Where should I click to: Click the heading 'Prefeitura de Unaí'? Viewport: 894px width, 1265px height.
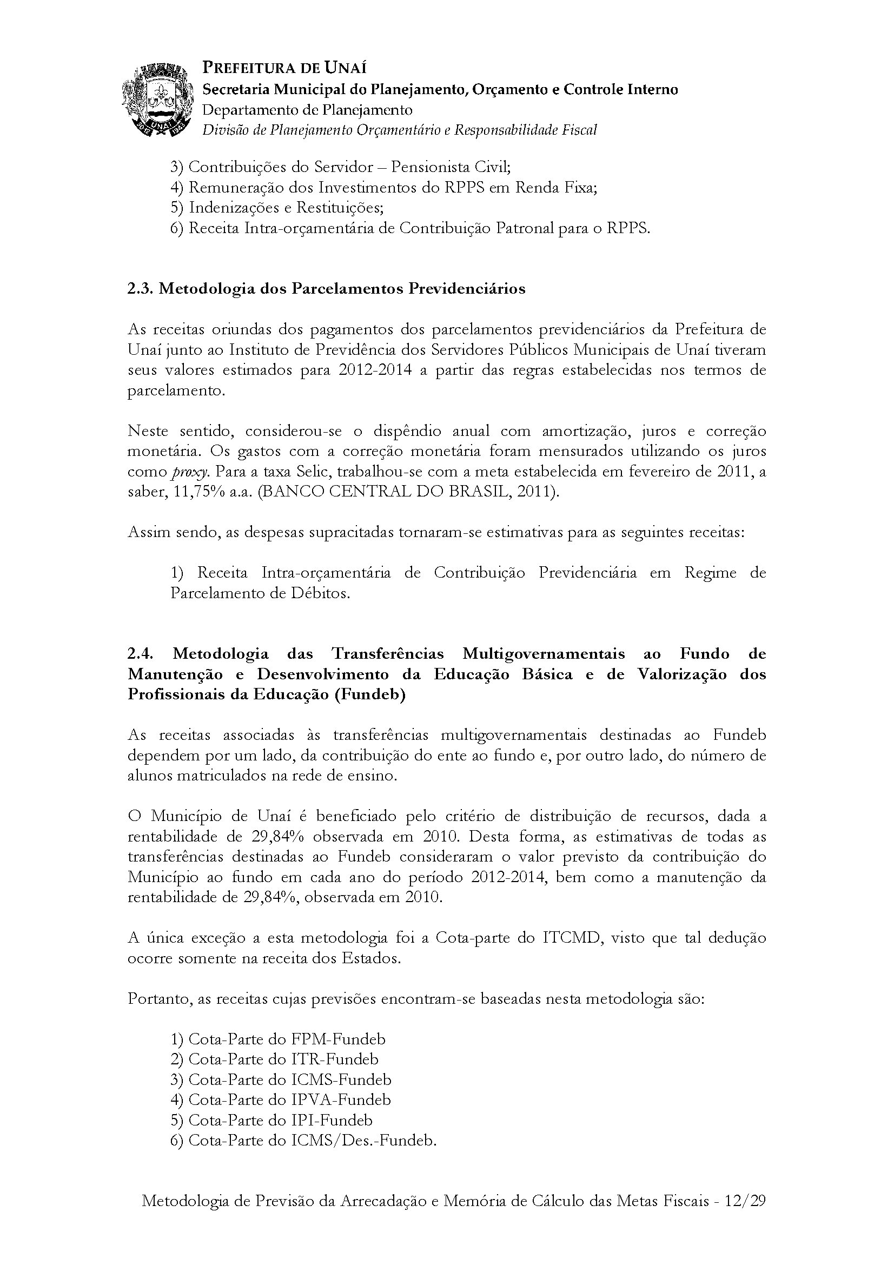click(284, 68)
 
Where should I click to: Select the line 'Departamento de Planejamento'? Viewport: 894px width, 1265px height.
click(307, 110)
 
